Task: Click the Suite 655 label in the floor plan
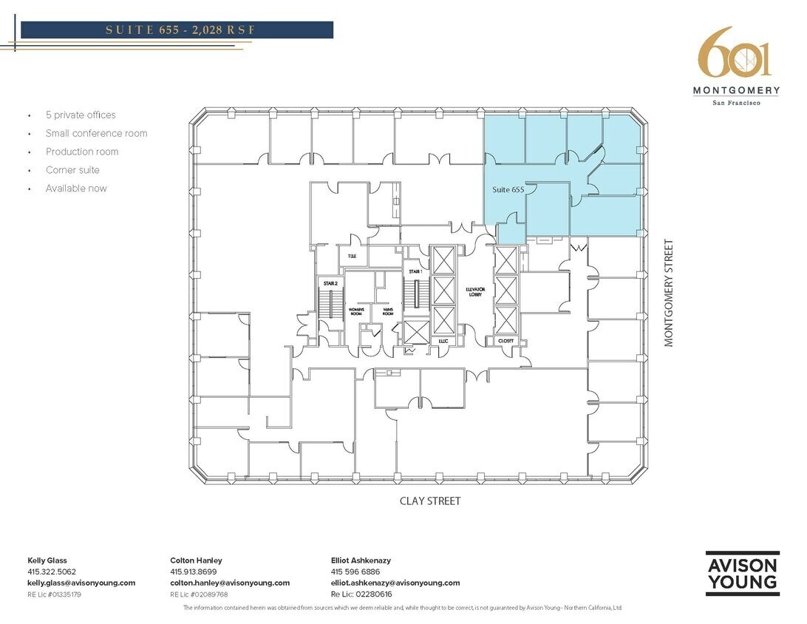click(x=508, y=190)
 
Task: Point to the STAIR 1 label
click(x=415, y=272)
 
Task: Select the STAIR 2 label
click(x=330, y=282)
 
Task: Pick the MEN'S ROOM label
click(x=387, y=311)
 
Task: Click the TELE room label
click(x=353, y=256)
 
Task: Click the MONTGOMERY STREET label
click(x=669, y=292)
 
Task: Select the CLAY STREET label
click(x=430, y=501)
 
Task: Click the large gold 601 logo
click(x=735, y=53)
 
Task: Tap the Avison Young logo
click(x=742, y=573)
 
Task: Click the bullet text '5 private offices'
click(x=81, y=115)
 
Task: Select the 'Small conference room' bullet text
click(x=96, y=133)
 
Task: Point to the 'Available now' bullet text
click(x=76, y=189)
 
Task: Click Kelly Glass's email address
click(x=81, y=583)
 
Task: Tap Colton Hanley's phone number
click(x=194, y=572)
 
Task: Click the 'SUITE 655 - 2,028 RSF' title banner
click(x=177, y=30)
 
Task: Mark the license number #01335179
click(x=55, y=594)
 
